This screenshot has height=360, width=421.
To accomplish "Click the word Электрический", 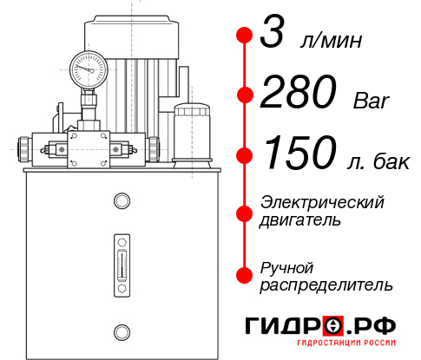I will click(322, 202).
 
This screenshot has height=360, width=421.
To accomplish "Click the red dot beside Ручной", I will click(245, 274).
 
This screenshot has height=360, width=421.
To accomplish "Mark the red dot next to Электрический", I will click(245, 211).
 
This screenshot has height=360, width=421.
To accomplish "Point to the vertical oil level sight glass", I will click(122, 260).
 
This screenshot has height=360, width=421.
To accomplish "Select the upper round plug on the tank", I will click(122, 201).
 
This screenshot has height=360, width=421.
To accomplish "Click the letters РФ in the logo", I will click(378, 326).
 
